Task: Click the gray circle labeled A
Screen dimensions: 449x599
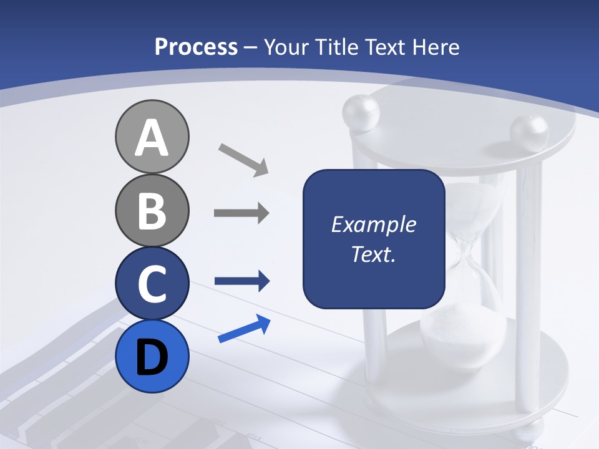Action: pos(152,137)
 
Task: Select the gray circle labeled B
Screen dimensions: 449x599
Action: pos(152,210)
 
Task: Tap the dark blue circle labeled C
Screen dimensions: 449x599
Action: pos(152,283)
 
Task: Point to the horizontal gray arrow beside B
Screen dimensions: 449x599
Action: pos(241,213)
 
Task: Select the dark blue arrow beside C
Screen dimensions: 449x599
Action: pos(241,281)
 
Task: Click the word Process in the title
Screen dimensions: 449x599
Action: pos(196,47)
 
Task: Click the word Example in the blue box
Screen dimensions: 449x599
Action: pos(373,224)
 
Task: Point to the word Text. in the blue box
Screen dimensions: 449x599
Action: pos(373,254)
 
